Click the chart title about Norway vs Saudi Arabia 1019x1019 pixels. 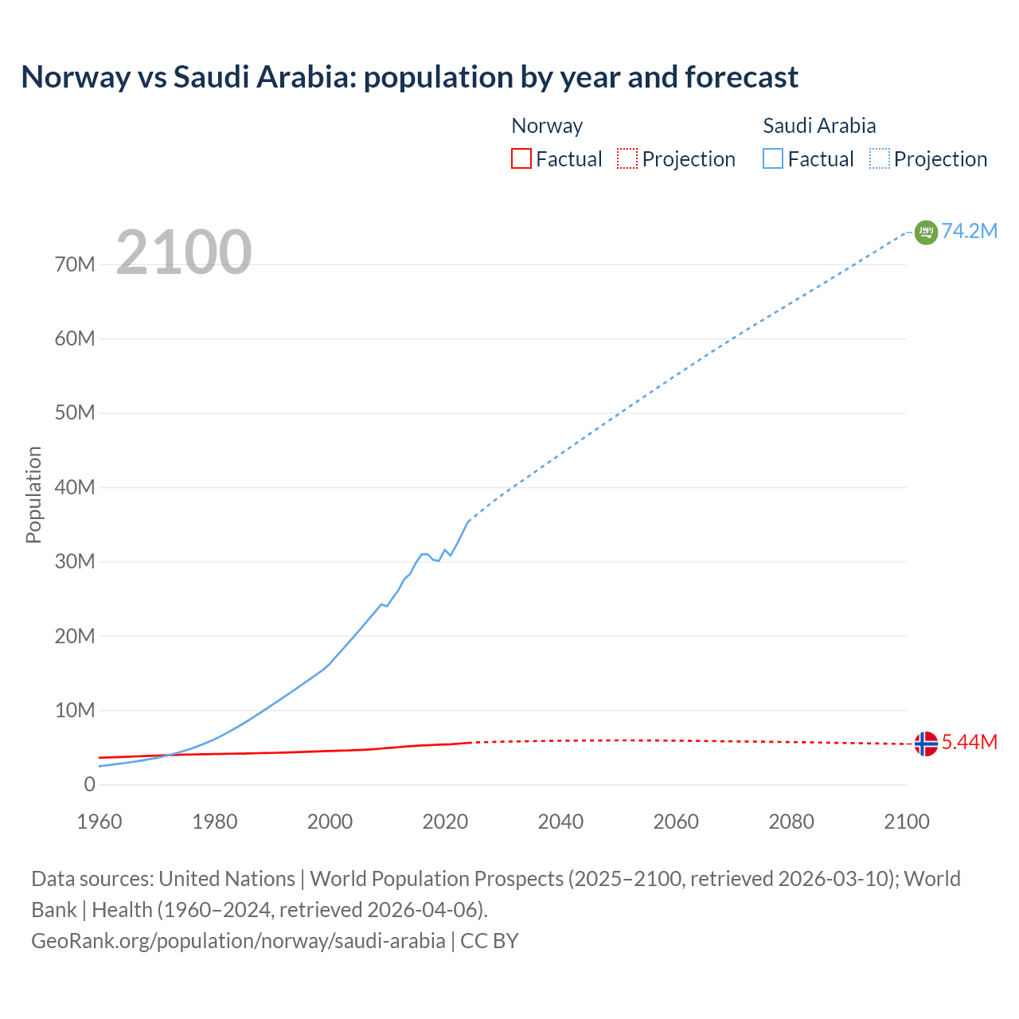(x=409, y=77)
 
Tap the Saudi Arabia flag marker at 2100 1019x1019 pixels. (x=926, y=232)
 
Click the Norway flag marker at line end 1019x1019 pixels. (x=926, y=744)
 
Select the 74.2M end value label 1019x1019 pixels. (x=969, y=231)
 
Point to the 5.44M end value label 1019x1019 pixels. (x=969, y=742)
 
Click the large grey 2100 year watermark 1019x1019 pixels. (x=184, y=252)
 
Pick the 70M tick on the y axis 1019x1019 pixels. (x=75, y=264)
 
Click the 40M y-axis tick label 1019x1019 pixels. (x=75, y=487)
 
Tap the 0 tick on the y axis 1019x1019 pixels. (x=89, y=784)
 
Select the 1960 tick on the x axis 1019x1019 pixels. (x=100, y=822)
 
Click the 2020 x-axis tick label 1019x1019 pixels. (x=445, y=822)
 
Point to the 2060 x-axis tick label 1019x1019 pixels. (x=676, y=822)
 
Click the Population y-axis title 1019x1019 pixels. (x=33, y=494)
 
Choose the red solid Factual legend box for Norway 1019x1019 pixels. (x=521, y=159)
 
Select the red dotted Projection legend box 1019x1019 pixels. (x=627, y=159)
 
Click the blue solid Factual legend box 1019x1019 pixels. (x=773, y=159)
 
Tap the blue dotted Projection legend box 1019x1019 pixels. (x=880, y=159)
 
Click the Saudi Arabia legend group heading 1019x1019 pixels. (x=819, y=126)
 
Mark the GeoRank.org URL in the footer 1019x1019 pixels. (x=238, y=940)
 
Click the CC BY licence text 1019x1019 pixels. (x=490, y=940)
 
